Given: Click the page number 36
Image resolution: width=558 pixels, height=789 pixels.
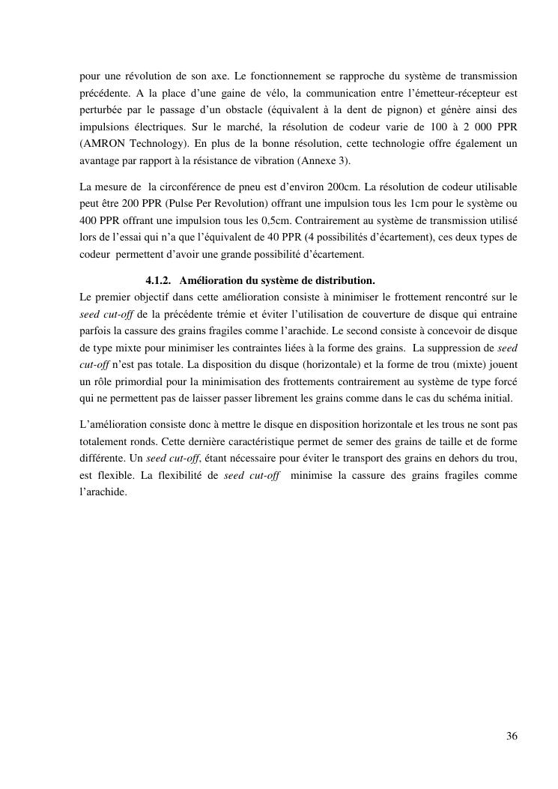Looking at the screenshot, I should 512,736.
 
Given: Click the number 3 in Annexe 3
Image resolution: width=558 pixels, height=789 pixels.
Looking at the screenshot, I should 303,160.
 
